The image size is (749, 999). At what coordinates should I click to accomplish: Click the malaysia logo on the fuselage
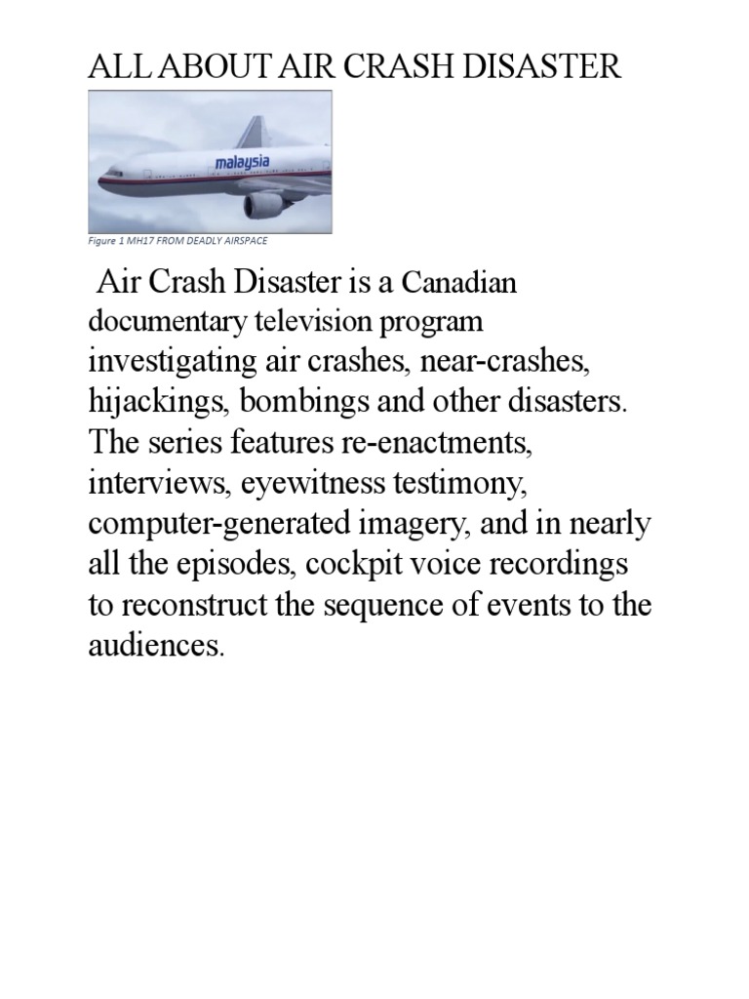pyautogui.click(x=243, y=160)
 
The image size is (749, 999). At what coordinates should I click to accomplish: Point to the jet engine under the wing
pyautogui.click(x=264, y=204)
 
